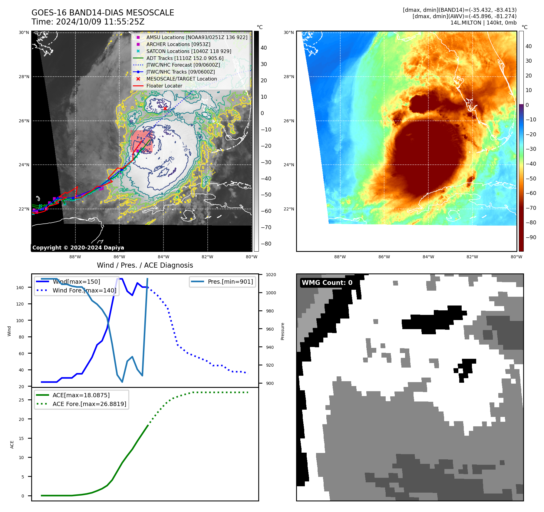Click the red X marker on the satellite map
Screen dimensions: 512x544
pyautogui.click(x=165, y=108)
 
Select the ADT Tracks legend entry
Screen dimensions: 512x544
pyautogui.click(x=185, y=58)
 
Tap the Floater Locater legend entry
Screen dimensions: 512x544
pyautogui.click(x=164, y=86)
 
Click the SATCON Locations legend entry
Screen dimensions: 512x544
pyautogui.click(x=189, y=51)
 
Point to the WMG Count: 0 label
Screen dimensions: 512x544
pyautogui.click(x=327, y=283)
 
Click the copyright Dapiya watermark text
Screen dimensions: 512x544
pyautogui.click(x=78, y=248)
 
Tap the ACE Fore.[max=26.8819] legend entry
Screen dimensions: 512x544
pyautogui.click(x=89, y=404)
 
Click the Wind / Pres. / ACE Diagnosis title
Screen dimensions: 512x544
pyautogui.click(x=145, y=265)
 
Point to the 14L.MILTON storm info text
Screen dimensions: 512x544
pyautogui.click(x=483, y=23)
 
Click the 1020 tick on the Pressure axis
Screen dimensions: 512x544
pyautogui.click(x=271, y=275)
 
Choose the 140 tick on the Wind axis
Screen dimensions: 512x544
pyautogui.click(x=20, y=288)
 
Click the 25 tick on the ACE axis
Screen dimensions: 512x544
pyautogui.click(x=21, y=400)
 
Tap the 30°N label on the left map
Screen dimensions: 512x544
pyautogui.click(x=24, y=33)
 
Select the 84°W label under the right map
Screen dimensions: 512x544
pyautogui.click(x=428, y=257)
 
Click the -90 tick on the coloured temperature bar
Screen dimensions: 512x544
pyautogui.click(x=531, y=237)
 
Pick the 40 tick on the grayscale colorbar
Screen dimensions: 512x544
pyautogui.click(x=264, y=48)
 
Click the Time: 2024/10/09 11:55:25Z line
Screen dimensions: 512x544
pyautogui.click(x=88, y=22)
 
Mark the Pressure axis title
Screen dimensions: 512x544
pyautogui.click(x=282, y=331)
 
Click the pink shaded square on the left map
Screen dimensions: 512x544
pyautogui.click(x=141, y=141)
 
